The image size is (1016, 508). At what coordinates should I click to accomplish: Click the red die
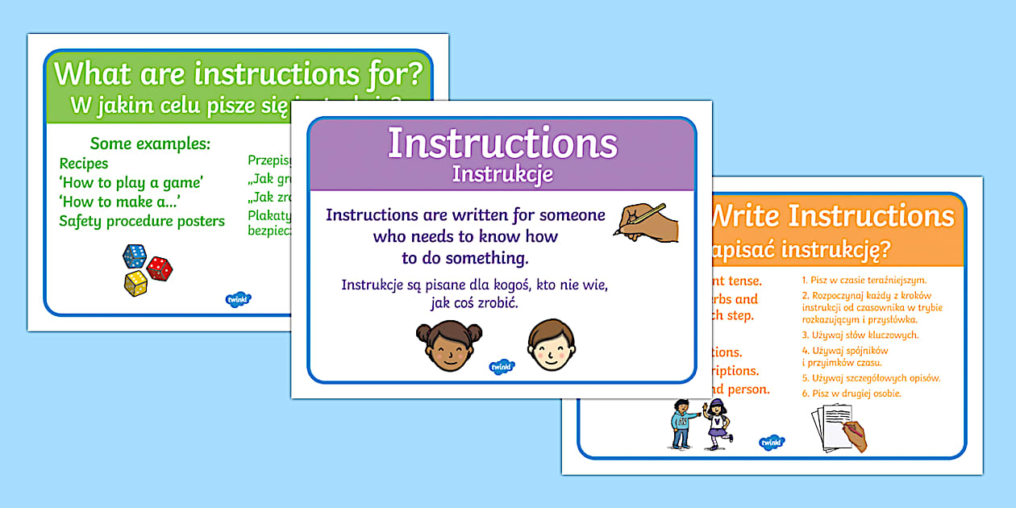(160, 268)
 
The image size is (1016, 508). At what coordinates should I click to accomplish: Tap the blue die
(135, 256)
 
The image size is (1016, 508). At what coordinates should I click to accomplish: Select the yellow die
(135, 282)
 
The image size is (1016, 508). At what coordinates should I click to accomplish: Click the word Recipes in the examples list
(84, 164)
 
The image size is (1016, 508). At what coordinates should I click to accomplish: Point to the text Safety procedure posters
(142, 221)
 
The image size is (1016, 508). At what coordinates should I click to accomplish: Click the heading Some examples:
(151, 144)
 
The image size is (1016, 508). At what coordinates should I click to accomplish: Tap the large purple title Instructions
(502, 143)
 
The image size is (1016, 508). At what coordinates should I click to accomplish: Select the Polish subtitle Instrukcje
(502, 173)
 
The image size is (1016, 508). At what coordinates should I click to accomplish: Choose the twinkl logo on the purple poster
(502, 367)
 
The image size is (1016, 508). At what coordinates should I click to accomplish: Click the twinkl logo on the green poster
(239, 299)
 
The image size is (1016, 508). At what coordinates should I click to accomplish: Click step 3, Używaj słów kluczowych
(860, 335)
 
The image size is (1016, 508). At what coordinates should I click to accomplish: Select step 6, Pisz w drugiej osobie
(851, 393)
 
